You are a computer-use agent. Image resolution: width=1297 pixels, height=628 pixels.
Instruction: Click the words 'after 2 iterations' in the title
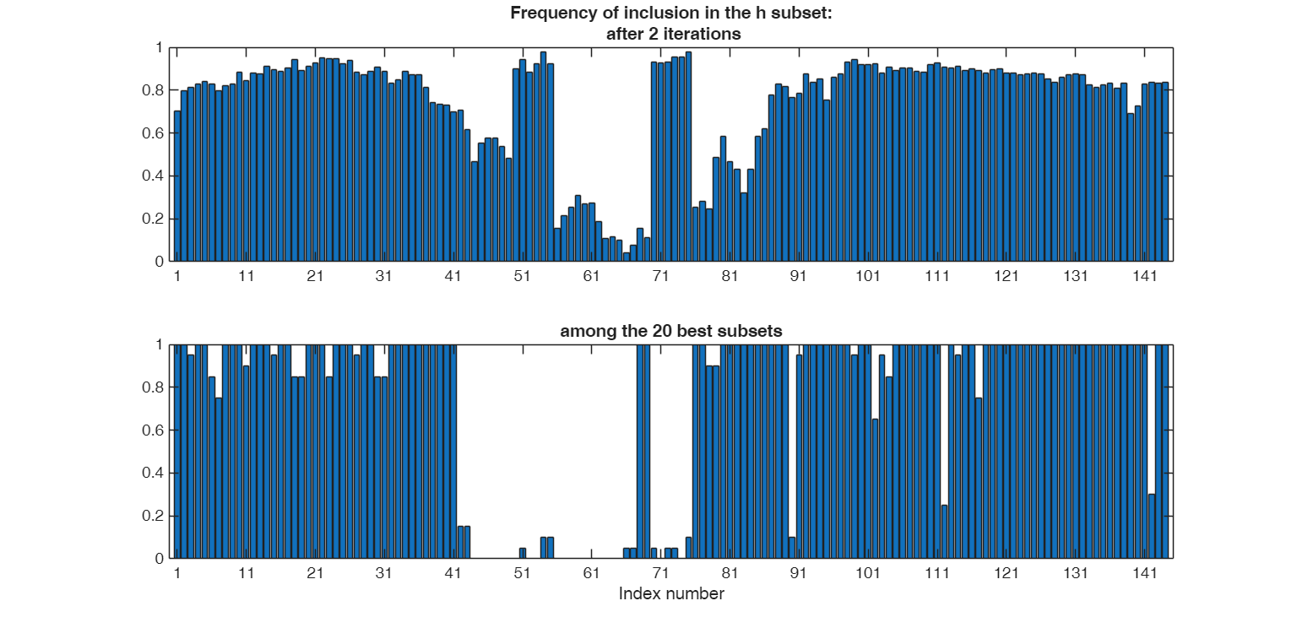(673, 34)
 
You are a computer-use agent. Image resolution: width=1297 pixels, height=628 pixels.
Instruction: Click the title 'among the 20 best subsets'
(671, 331)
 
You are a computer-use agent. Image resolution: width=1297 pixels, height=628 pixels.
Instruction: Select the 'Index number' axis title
(671, 593)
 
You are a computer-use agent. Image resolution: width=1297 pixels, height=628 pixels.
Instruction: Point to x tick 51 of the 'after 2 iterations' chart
(522, 276)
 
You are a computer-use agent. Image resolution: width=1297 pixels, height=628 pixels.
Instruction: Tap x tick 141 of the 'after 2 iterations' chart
(1144, 276)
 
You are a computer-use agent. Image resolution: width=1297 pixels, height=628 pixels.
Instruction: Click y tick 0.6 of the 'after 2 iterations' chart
(157, 133)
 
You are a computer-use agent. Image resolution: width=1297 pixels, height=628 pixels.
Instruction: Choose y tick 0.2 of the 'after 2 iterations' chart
(157, 219)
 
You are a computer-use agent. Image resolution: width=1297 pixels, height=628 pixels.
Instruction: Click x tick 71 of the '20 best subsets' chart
(660, 573)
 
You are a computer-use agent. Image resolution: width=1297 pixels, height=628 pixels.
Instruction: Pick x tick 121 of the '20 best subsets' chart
(1006, 573)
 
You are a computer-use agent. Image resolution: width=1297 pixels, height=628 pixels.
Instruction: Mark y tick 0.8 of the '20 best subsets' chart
(157, 387)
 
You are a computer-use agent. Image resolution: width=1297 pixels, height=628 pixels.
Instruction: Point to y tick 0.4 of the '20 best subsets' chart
(157, 474)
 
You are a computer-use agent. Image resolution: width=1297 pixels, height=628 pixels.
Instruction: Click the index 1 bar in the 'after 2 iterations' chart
(177, 187)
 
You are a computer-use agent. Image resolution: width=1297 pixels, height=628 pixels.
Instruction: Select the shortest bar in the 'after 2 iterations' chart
(626, 257)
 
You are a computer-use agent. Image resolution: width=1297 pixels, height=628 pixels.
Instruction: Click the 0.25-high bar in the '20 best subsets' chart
(944, 532)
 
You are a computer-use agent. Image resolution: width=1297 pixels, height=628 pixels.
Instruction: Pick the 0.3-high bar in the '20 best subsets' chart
(1152, 526)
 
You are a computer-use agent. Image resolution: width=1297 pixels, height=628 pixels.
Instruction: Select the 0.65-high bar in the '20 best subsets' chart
(875, 489)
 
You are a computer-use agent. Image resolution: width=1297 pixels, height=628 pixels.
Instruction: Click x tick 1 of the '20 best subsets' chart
(177, 573)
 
